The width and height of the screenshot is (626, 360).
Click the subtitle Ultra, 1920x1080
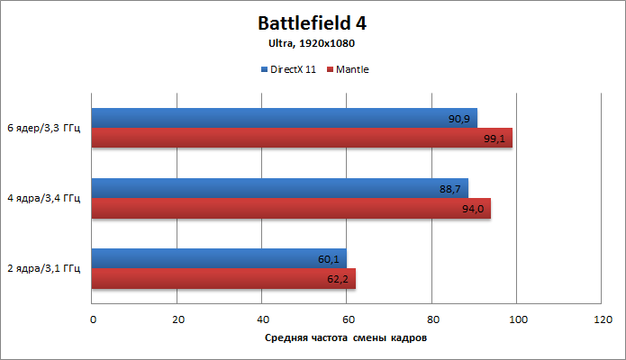tap(313, 43)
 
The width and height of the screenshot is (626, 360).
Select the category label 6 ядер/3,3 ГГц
tap(43, 128)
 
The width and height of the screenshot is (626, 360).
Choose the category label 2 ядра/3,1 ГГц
tap(43, 268)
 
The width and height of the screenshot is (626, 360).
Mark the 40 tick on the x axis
tap(263, 319)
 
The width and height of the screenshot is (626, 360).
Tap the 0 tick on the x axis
tap(93, 319)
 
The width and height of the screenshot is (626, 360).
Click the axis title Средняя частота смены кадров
tap(346, 338)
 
